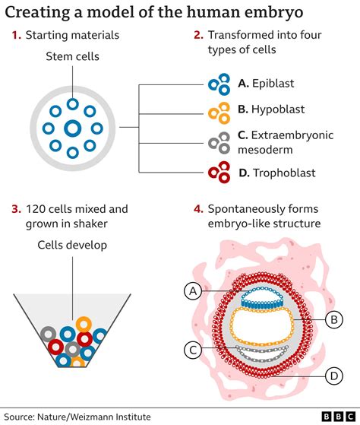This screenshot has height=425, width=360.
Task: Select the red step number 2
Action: point(197,35)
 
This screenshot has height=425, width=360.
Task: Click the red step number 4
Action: point(197,208)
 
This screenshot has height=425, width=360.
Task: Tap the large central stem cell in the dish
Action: point(72,128)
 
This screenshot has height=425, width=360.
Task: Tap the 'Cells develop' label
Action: point(73,245)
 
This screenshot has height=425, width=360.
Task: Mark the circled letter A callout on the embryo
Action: point(194,290)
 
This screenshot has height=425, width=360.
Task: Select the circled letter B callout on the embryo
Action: point(332,319)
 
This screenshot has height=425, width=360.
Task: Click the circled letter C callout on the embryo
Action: point(194,349)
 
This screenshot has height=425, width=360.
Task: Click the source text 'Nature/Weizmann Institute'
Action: point(99,416)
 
